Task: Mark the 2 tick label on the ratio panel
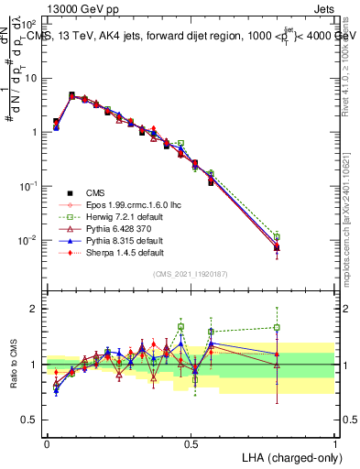36,309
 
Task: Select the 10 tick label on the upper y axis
31,79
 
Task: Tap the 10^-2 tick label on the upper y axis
29,240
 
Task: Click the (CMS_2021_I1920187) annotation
191,275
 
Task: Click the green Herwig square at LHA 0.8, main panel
277,235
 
